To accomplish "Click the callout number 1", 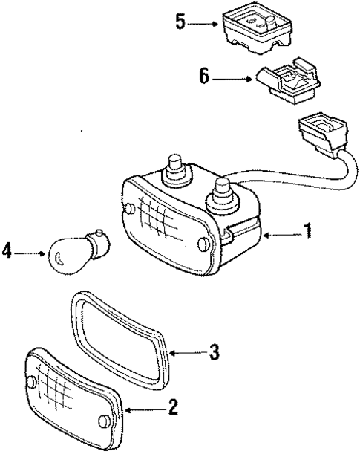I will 307,232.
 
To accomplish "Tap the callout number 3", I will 213,352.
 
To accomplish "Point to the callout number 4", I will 7,253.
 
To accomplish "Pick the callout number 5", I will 180,22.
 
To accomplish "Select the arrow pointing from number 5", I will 204,23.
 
